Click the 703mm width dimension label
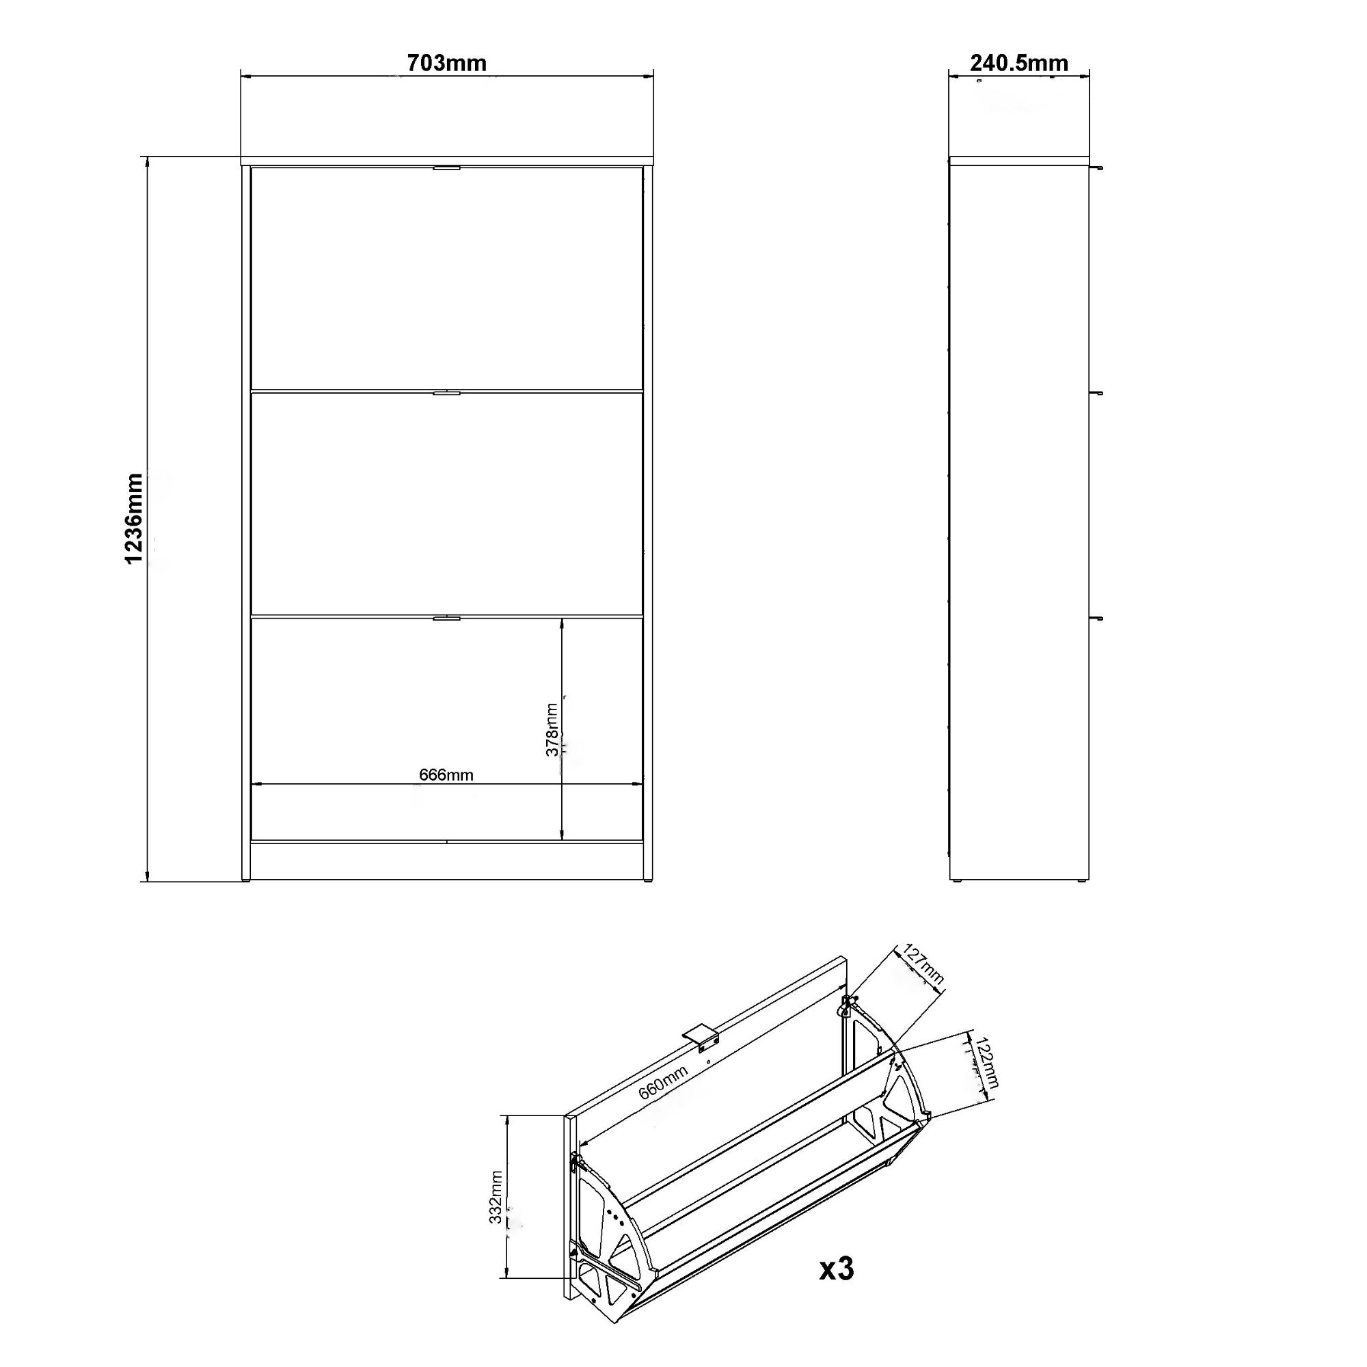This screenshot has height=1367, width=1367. pos(446,64)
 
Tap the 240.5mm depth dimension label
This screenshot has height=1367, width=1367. pos(1019,64)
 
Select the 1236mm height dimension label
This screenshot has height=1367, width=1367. pos(135,519)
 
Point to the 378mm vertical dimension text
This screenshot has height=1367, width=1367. pos(552,730)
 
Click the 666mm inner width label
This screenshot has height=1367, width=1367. pos(446,775)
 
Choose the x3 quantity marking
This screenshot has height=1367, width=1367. pos(837,1270)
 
